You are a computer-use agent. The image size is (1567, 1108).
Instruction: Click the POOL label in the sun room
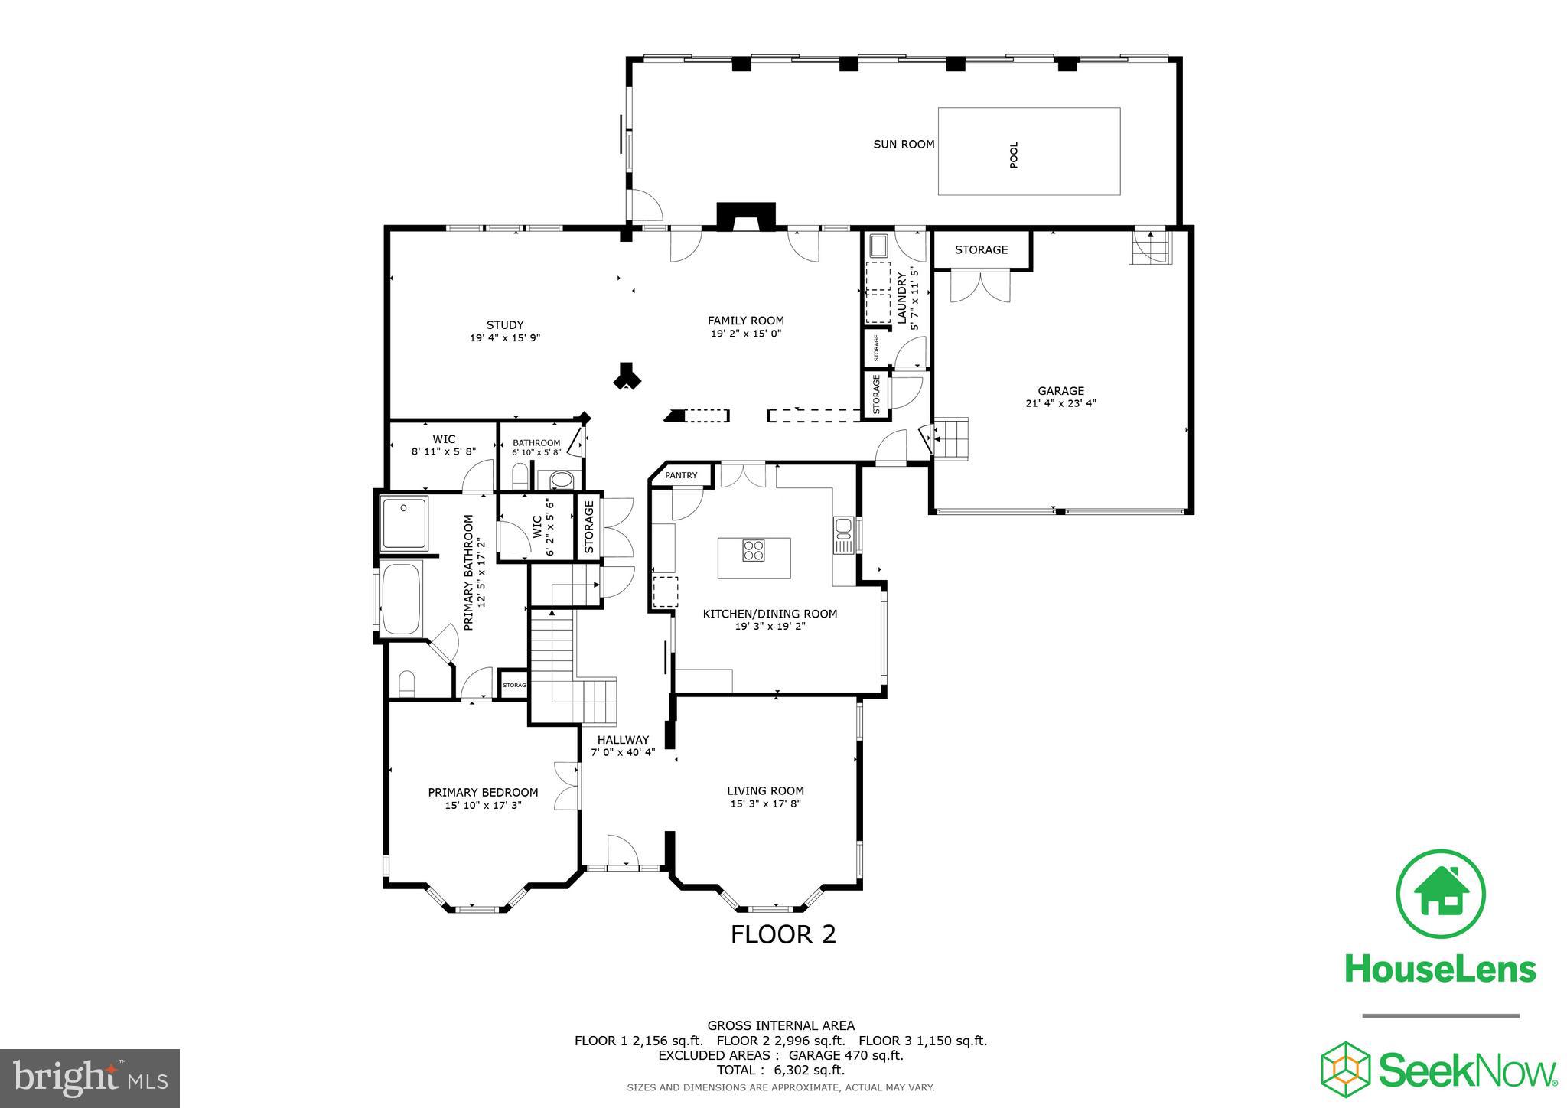[1014, 155]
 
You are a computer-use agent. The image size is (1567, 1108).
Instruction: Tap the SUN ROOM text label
[904, 144]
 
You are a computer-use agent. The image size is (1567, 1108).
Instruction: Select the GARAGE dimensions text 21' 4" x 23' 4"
[1060, 403]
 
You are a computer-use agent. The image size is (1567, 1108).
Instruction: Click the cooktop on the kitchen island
[754, 550]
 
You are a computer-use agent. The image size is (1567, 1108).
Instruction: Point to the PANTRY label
[681, 475]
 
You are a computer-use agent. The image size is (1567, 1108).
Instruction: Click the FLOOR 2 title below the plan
[783, 934]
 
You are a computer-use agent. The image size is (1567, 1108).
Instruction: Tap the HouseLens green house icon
[1441, 893]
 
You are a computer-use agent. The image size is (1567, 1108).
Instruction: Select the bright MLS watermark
[90, 1079]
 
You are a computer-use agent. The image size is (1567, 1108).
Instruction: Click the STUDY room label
[505, 324]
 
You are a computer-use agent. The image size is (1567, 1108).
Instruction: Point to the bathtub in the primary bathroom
[401, 598]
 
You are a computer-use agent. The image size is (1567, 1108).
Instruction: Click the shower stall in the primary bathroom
[404, 523]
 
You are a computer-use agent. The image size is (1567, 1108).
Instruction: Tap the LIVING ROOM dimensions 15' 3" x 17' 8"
[765, 803]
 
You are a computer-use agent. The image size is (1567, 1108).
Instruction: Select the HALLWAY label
[623, 740]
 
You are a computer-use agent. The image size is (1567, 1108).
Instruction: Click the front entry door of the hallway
[623, 851]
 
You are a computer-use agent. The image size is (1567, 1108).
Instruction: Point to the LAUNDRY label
[902, 296]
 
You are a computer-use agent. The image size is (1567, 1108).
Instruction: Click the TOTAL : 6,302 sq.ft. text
[780, 1070]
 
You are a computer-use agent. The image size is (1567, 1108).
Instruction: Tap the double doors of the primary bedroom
[566, 786]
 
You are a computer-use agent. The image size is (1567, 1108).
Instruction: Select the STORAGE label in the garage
[981, 249]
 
